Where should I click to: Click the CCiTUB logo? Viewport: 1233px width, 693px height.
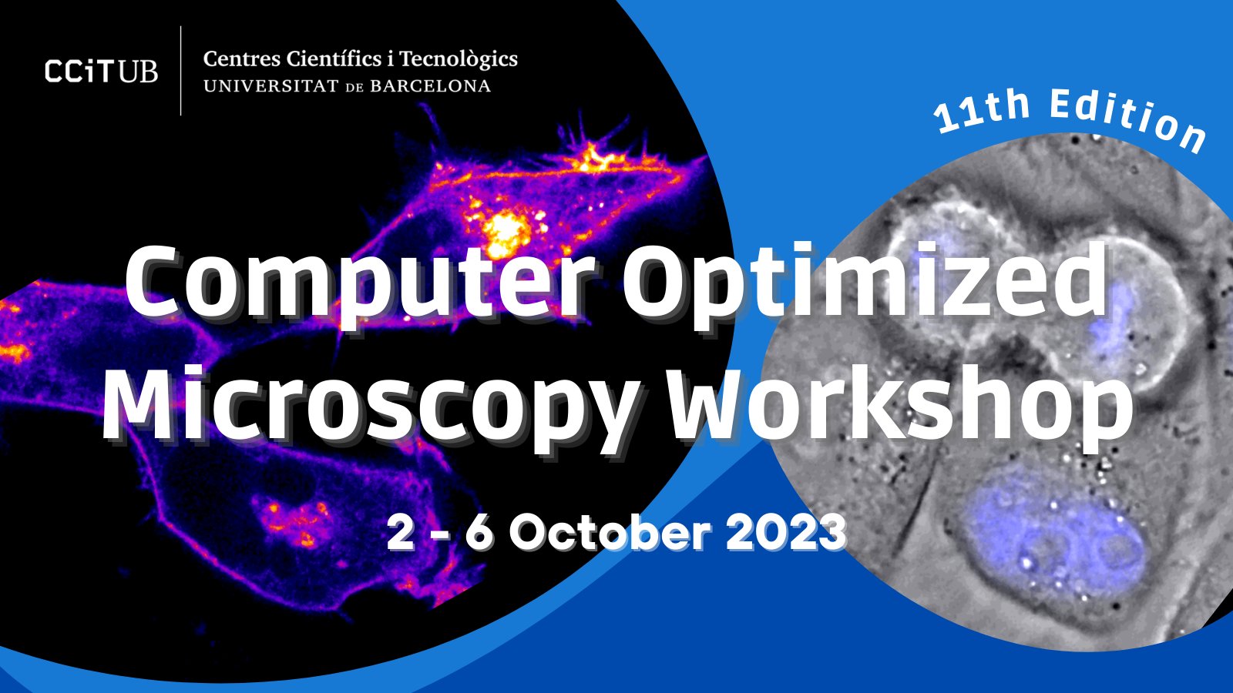pos(101,72)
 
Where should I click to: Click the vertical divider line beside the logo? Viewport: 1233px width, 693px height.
pos(181,71)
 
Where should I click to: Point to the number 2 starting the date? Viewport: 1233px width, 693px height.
pos(401,533)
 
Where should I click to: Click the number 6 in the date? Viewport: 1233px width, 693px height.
pos(479,533)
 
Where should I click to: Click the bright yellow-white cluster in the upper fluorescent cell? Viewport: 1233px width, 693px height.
pos(505,231)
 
